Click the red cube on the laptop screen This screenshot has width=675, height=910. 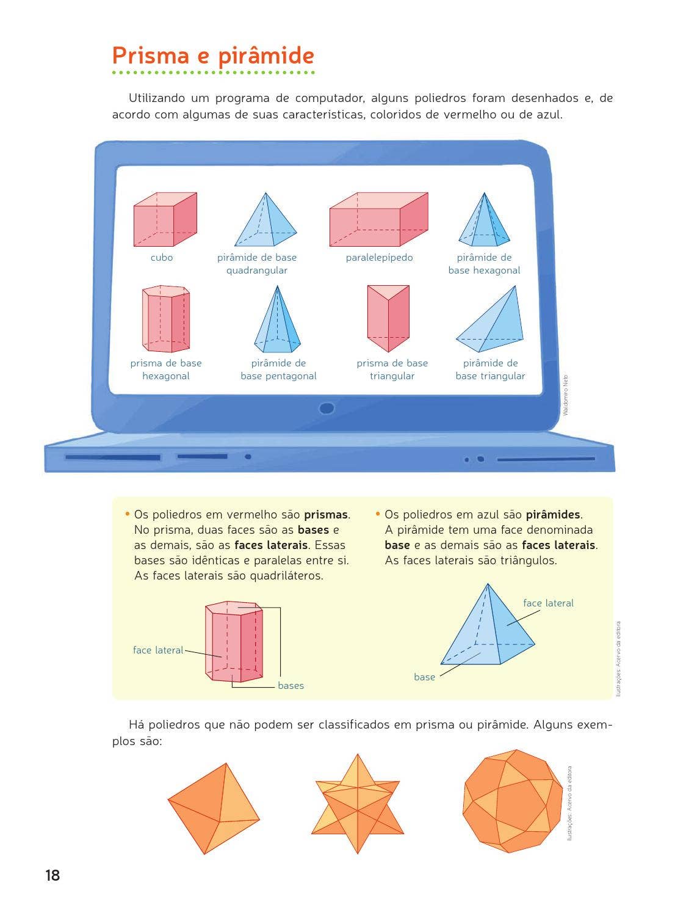click(165, 219)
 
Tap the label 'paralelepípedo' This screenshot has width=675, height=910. click(379, 258)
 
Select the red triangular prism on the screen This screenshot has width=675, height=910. click(388, 318)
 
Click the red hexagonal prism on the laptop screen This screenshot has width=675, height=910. click(165, 318)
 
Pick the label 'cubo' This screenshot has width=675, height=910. click(162, 258)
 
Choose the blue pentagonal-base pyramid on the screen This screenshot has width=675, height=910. click(277, 319)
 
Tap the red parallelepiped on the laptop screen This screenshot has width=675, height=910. click(378, 219)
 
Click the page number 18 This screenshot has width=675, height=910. click(53, 875)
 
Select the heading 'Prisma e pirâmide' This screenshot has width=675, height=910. click(213, 56)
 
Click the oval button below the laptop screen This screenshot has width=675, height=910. click(327, 408)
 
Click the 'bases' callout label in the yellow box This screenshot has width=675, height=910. click(291, 686)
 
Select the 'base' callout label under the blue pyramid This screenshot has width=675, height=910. click(424, 677)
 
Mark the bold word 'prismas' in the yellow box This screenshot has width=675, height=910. click(326, 514)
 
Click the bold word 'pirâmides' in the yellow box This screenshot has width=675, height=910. click(553, 514)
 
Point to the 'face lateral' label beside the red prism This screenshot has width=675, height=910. click(158, 650)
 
